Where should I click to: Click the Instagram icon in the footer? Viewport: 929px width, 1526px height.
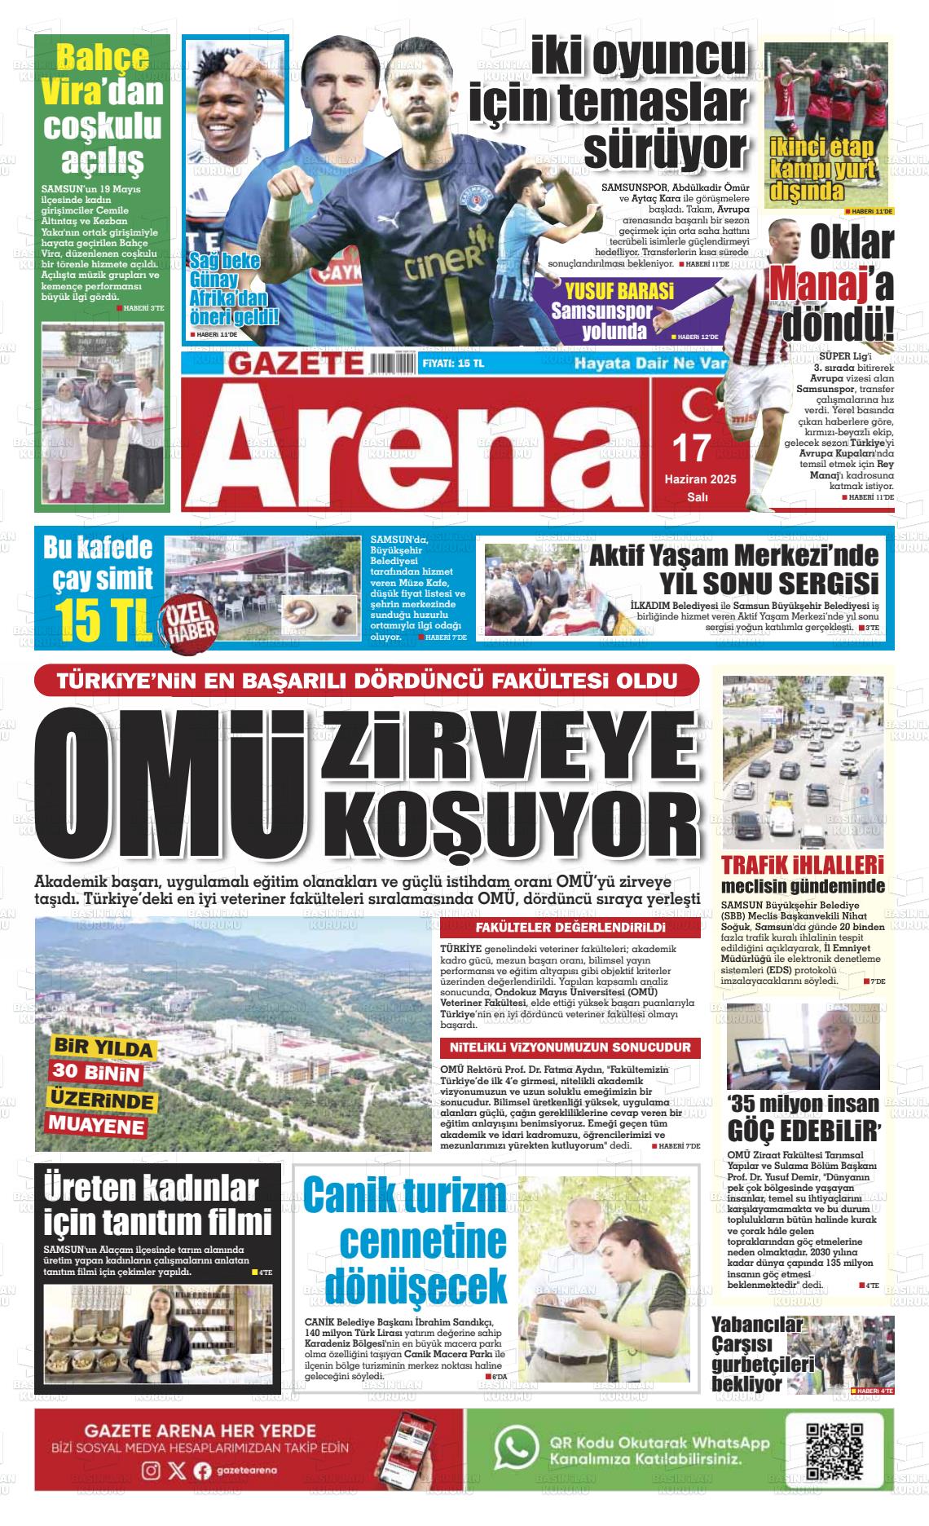tap(151, 1470)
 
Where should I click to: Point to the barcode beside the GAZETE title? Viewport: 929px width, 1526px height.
tap(394, 364)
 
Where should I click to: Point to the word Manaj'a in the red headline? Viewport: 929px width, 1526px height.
tap(831, 284)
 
